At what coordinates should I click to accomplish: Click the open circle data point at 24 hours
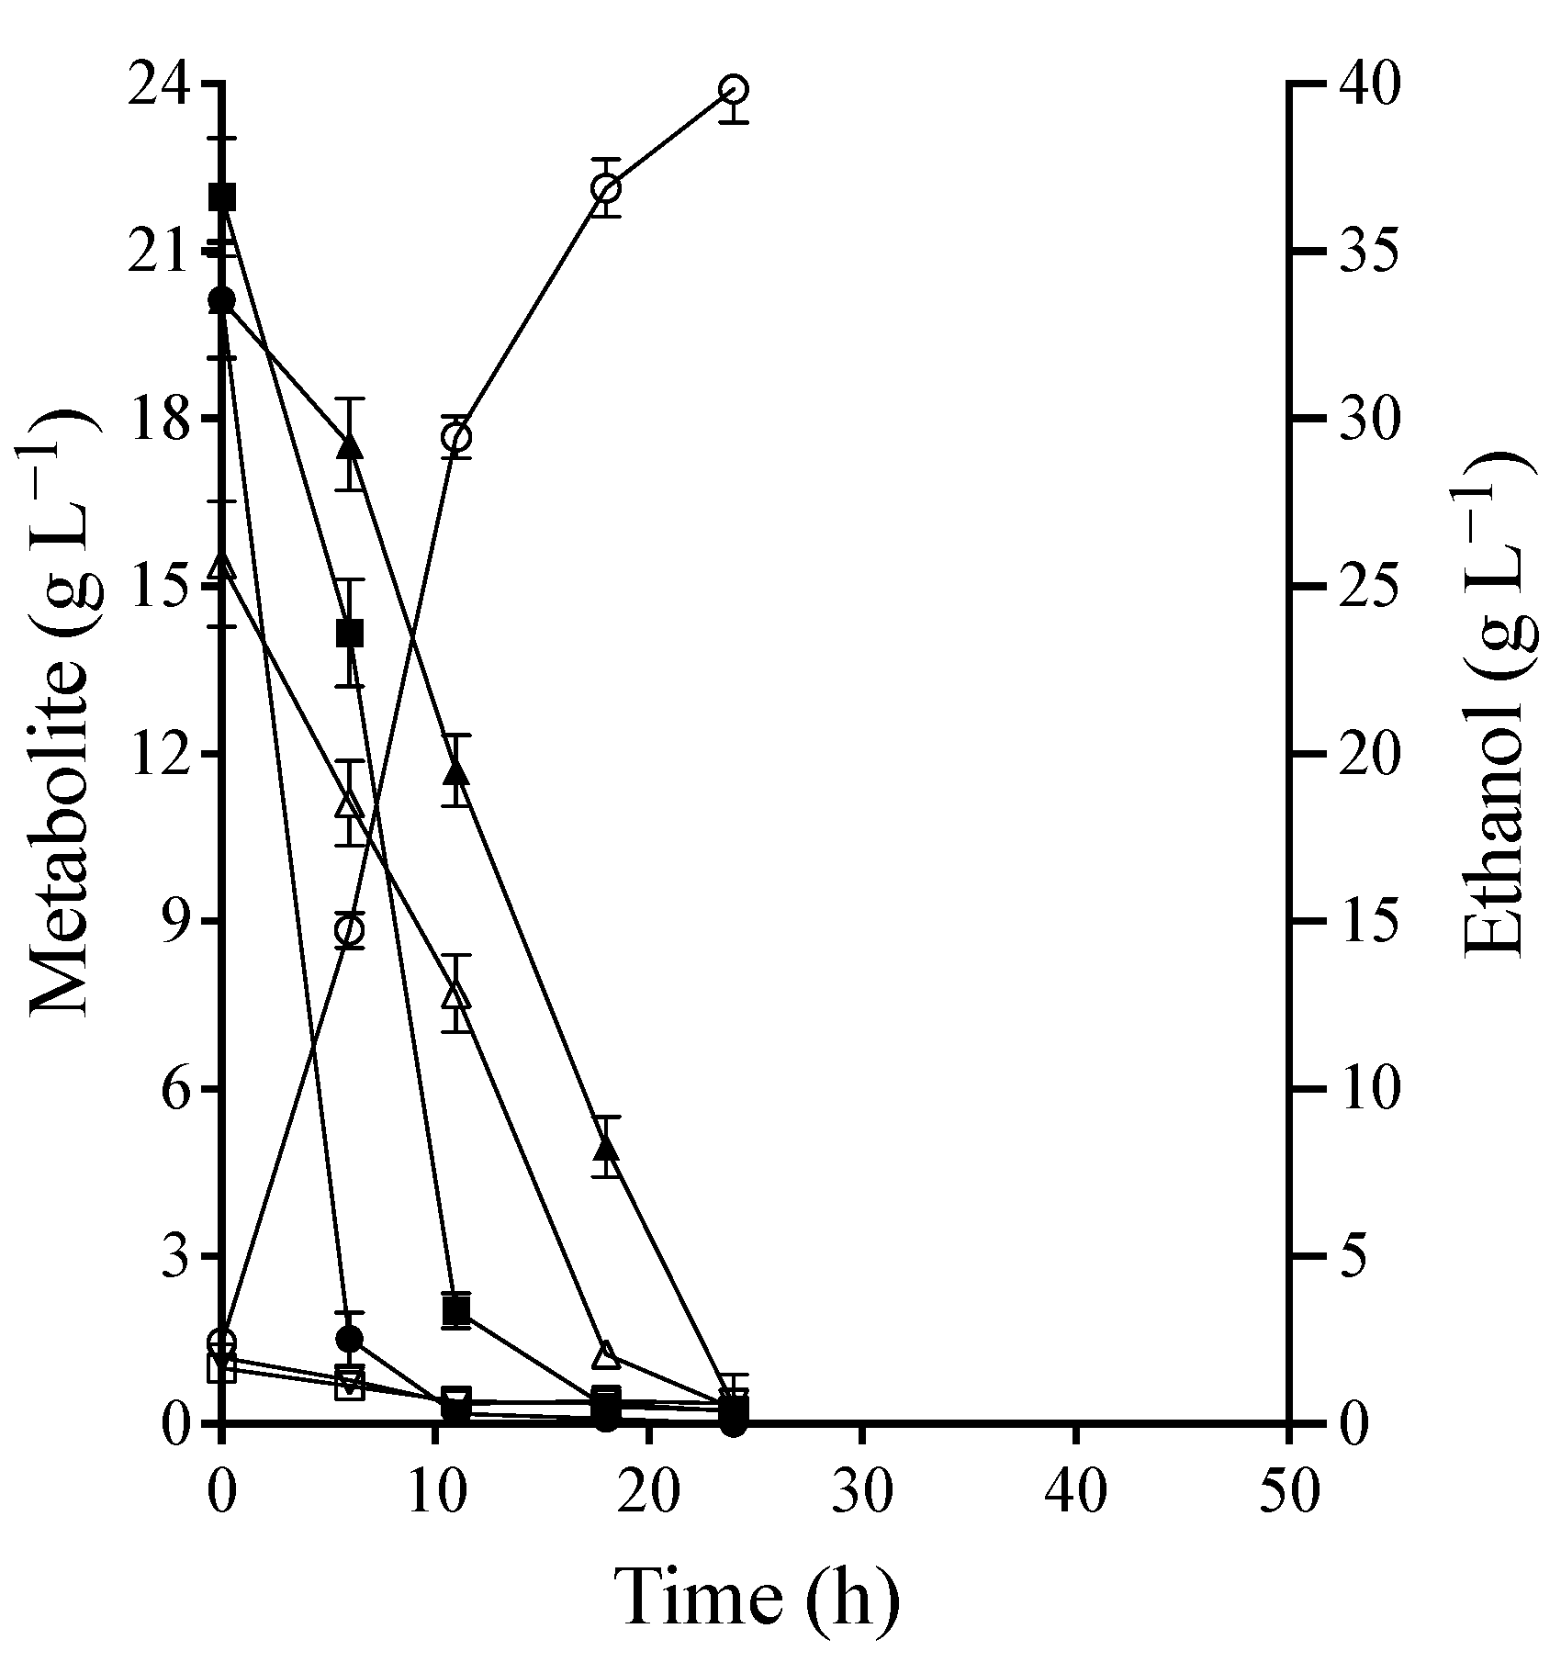point(734,89)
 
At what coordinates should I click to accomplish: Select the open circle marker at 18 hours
point(606,189)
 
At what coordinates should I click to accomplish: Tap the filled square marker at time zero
point(222,197)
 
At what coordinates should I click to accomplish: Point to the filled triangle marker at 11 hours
point(456,774)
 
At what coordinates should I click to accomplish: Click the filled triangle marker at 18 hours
point(606,1149)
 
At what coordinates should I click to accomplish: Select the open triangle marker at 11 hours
point(456,995)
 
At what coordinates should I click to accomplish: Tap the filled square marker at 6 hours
point(350,633)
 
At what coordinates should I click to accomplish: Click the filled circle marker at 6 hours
point(350,1338)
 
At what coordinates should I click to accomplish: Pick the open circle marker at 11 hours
point(456,437)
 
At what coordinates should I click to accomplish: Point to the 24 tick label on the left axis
point(161,84)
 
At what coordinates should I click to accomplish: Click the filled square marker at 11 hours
point(456,1310)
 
